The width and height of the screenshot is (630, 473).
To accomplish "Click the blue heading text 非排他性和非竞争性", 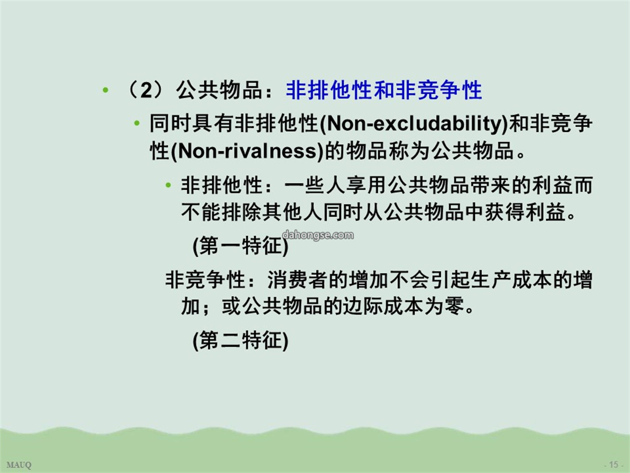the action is tap(384, 90).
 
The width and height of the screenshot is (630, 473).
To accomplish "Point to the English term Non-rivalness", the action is tap(247, 151).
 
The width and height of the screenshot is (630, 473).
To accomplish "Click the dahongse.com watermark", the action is tap(318, 235).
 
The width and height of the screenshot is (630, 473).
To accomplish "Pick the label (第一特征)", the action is tap(241, 245).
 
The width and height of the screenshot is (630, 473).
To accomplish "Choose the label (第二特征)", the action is tap(241, 340).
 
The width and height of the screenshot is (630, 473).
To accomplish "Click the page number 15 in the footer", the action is tap(614, 465).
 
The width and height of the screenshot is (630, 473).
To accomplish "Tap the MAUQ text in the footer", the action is tap(19, 465).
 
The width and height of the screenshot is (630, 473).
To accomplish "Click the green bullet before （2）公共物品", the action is tap(106, 90).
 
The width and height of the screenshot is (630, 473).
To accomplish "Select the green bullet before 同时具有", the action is tap(137, 123).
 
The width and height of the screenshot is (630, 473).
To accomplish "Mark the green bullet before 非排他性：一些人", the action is tap(169, 186).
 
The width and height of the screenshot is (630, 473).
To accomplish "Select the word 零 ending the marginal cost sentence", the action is tap(454, 306).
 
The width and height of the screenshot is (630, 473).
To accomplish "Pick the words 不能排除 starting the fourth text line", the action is tap(222, 212).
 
